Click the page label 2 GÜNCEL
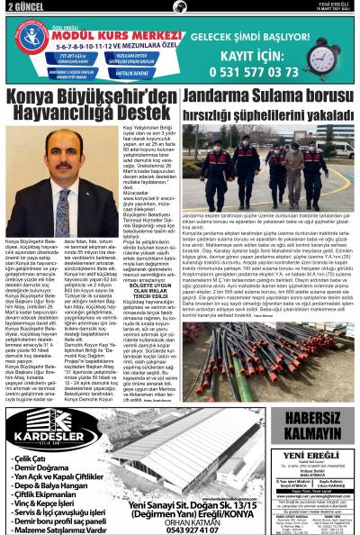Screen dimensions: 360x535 [x=20, y=7]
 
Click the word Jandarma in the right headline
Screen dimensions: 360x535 [x=225, y=95]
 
